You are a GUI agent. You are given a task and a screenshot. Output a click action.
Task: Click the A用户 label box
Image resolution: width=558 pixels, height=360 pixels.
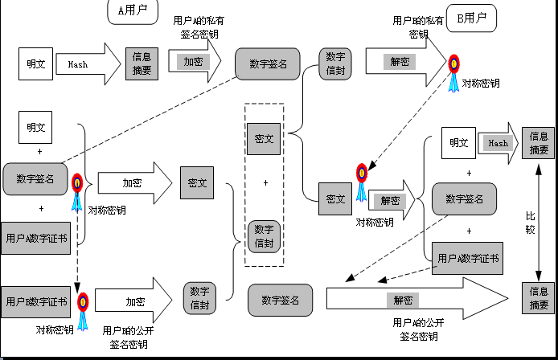tap(132, 10)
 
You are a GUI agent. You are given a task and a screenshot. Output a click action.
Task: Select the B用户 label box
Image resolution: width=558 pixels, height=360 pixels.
tap(471, 17)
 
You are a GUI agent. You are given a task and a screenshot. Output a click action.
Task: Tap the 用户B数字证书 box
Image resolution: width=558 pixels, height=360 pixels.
tap(36, 302)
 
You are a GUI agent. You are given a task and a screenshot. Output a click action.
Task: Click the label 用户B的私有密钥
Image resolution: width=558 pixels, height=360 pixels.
tap(418, 27)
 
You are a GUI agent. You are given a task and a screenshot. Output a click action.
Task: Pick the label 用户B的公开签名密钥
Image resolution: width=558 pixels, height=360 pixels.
tap(129, 337)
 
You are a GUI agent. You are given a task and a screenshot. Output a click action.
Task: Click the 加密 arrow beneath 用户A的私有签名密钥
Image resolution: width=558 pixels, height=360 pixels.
tap(193, 61)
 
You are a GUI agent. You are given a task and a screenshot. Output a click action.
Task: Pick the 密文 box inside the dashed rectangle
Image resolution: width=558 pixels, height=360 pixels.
tap(264, 138)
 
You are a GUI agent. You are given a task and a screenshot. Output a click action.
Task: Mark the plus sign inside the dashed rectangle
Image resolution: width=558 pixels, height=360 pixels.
tap(265, 182)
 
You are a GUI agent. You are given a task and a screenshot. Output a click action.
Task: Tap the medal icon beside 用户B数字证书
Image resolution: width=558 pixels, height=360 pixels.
tap(83, 305)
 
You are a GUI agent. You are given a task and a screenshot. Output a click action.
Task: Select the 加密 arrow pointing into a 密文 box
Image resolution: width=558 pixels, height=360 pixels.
tap(134, 182)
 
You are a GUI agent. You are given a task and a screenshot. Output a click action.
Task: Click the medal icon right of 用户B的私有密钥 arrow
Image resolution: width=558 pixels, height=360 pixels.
tap(454, 68)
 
